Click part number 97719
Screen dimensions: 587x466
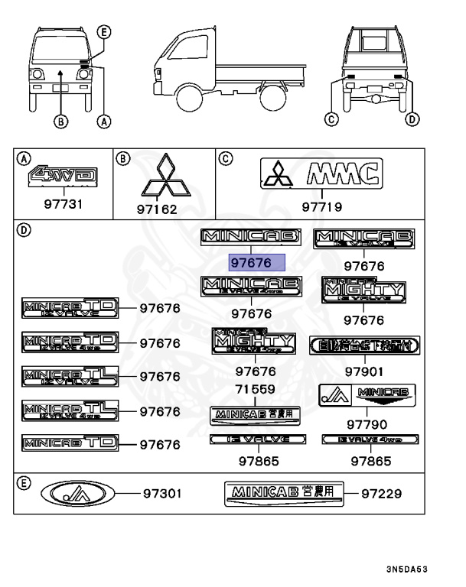tap(321, 206)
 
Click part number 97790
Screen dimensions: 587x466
tap(367, 424)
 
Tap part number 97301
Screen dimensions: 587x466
tap(163, 494)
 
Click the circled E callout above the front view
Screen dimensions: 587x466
tap(105, 31)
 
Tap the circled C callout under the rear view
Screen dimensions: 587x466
tap(331, 118)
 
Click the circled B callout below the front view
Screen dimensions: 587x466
tap(60, 119)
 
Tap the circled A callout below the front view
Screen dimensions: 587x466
tap(105, 119)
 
